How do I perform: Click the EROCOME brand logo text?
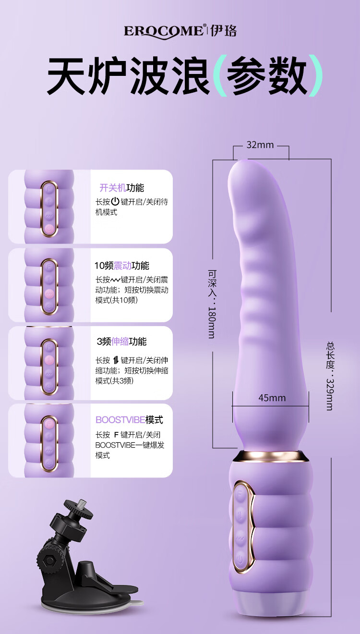tap(164, 31)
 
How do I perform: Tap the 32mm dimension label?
tap(260, 145)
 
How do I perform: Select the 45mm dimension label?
tap(272, 398)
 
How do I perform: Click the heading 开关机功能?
tap(121, 188)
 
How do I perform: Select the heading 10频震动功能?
tap(121, 266)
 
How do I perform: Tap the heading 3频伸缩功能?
tap(121, 341)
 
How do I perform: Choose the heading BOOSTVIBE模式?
tap(129, 420)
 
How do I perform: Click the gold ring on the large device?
tap(271, 455)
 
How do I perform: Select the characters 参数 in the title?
tap(266, 76)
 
